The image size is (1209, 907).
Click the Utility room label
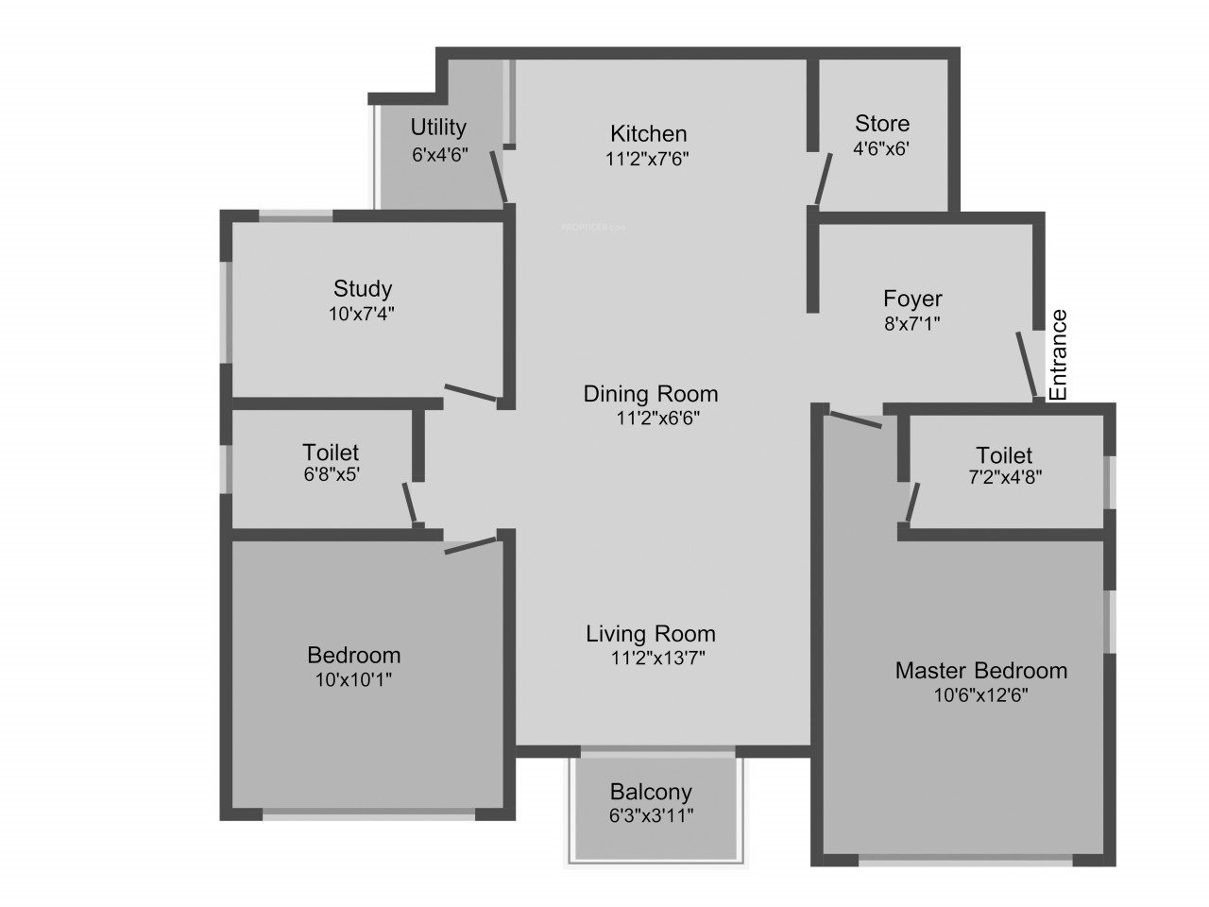pyautogui.click(x=438, y=128)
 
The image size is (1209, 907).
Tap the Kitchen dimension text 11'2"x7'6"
pyautogui.click(x=647, y=159)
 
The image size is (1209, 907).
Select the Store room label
pyautogui.click(x=882, y=124)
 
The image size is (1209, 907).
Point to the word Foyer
pyautogui.click(x=912, y=299)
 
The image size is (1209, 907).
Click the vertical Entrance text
pyautogui.click(x=1059, y=355)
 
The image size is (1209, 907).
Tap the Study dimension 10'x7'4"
pyautogui.click(x=362, y=314)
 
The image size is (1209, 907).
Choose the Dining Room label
pyautogui.click(x=651, y=394)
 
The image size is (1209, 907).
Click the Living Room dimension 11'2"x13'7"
pyautogui.click(x=657, y=658)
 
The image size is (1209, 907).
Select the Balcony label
pyautogui.click(x=651, y=792)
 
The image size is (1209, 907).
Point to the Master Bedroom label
pyautogui.click(x=981, y=671)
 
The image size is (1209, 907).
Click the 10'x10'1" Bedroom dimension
pyautogui.click(x=353, y=680)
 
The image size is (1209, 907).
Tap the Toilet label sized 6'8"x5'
pyautogui.click(x=331, y=453)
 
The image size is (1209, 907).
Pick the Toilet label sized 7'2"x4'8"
pyautogui.click(x=1004, y=456)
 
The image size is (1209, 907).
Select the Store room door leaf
pyautogui.click(x=824, y=179)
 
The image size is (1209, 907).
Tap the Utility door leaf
pyautogui.click(x=499, y=178)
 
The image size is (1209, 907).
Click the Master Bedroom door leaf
pyautogui.click(x=856, y=419)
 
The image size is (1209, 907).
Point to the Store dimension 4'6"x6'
pyautogui.click(x=880, y=148)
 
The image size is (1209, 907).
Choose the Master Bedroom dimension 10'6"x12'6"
pyautogui.click(x=981, y=695)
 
